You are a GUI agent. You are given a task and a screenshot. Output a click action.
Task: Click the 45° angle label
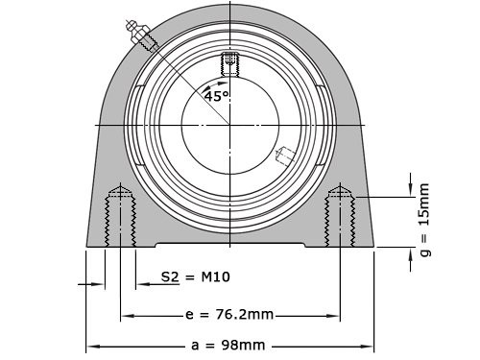[x=216, y=96]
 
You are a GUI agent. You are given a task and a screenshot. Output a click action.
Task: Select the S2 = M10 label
[x=195, y=277]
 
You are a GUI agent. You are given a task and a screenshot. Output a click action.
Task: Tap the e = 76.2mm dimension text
[x=229, y=314]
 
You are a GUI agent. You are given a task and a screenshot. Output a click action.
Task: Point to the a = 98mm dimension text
[x=229, y=345]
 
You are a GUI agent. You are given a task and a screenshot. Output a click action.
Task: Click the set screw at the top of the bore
[x=229, y=64]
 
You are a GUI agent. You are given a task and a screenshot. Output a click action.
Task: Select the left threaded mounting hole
[x=120, y=216]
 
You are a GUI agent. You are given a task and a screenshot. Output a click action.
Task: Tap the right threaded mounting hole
[x=340, y=216]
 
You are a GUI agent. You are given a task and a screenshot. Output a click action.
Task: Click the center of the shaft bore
[x=230, y=125]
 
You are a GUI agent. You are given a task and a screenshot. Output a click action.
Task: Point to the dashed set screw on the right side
[x=286, y=154]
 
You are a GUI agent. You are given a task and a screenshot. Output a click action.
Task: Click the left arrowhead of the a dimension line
[x=92, y=345]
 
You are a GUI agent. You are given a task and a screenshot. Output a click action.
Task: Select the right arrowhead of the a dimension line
[x=369, y=345]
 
